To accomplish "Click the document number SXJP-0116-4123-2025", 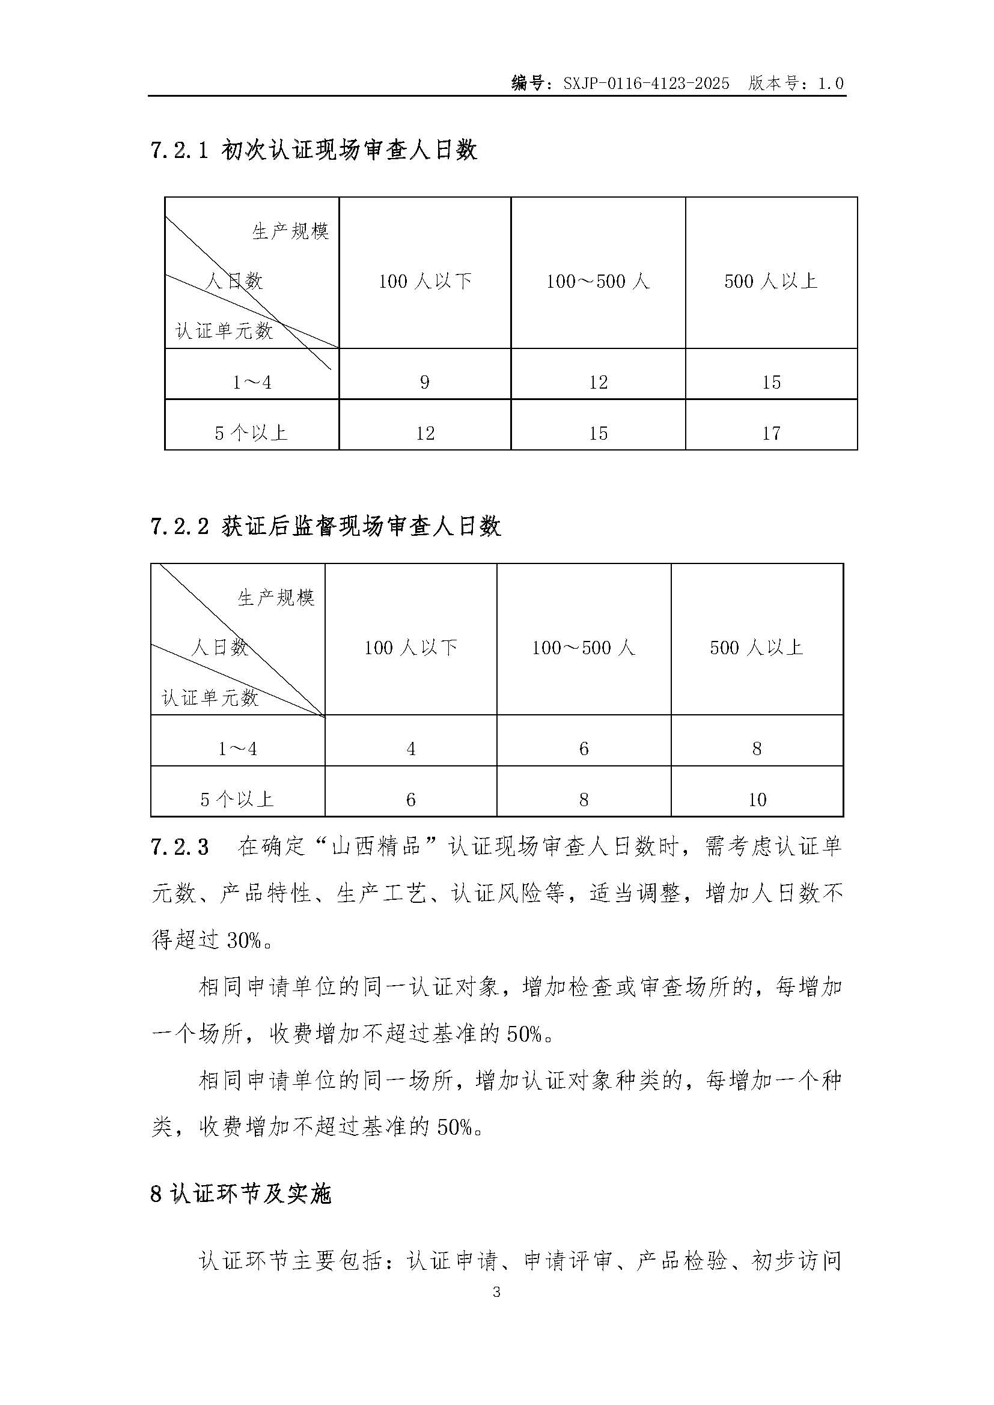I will click(647, 84).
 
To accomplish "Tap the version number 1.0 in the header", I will click(831, 84).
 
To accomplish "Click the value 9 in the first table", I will click(425, 383).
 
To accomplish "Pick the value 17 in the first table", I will click(771, 433).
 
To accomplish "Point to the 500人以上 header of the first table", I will click(771, 282).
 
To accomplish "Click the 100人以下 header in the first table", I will click(425, 282).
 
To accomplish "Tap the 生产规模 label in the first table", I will click(291, 231).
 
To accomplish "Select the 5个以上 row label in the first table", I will click(251, 433).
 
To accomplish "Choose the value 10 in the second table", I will click(757, 799).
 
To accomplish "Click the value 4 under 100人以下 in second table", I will click(410, 748).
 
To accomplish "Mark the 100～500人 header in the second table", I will click(584, 648).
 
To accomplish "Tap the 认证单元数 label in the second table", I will click(210, 697).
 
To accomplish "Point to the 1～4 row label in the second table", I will click(237, 748).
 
